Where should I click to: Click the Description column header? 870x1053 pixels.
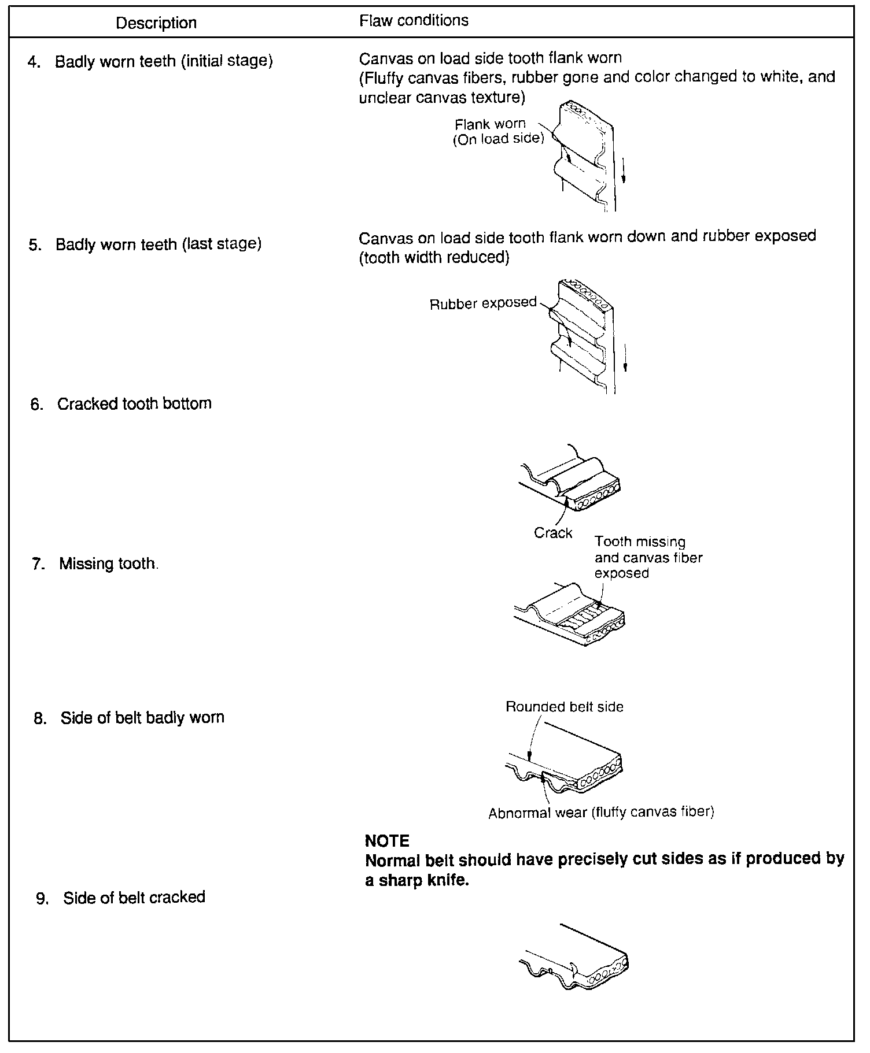coord(156,23)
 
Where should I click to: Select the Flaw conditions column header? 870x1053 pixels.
coord(414,21)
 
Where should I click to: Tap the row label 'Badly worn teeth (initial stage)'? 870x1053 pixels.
coord(164,61)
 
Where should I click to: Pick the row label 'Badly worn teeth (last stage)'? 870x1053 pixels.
coord(158,244)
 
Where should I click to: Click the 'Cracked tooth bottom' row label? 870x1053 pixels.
coord(134,403)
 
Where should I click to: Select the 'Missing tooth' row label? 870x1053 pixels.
coord(108,563)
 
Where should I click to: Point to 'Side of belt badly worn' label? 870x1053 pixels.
coord(142,718)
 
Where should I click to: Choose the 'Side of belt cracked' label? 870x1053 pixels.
coord(134,898)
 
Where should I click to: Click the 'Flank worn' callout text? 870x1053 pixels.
coord(491,124)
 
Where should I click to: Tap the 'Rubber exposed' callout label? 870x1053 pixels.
coord(483,304)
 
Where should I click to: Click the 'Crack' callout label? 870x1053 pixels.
coord(553,533)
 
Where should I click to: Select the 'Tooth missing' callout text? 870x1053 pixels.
coord(640,542)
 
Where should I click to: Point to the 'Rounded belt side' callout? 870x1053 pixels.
coord(565,707)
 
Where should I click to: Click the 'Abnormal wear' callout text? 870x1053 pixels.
coord(537,813)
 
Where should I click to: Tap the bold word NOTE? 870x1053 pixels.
coord(387,841)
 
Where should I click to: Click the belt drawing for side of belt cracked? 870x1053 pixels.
coord(576,962)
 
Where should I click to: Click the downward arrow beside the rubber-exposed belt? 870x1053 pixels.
coord(625,358)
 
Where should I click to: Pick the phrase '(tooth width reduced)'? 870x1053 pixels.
coord(434,258)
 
